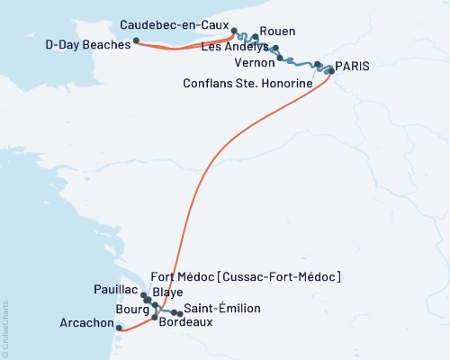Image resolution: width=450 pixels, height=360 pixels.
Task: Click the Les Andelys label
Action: pos(235,47)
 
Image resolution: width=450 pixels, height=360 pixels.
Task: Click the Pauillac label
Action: pos(115,291)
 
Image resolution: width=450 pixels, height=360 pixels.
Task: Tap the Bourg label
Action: pos(134,309)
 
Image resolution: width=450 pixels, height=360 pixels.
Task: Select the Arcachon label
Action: pos(86,321)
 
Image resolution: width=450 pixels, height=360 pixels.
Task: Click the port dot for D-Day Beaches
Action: pos(136,40)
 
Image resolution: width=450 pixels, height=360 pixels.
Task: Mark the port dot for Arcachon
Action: pos(119,328)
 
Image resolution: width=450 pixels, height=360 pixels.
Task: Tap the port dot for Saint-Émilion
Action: pos(181,313)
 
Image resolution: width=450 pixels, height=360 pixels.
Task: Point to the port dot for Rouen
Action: pos(256,38)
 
